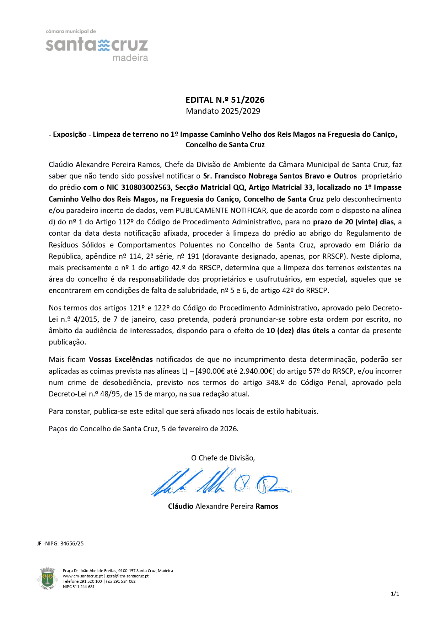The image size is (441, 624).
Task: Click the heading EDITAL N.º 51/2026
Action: pyautogui.click(x=225, y=100)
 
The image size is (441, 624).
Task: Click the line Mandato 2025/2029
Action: pyautogui.click(x=223, y=111)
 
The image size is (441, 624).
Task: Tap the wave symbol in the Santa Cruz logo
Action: pyautogui.click(x=104, y=45)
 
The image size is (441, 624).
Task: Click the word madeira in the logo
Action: pyautogui.click(x=130, y=58)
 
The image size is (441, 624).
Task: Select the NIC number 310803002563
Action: pyautogui.click(x=146, y=187)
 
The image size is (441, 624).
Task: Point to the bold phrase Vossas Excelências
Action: pyautogui.click(x=121, y=359)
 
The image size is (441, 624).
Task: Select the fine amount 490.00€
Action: pyautogui.click(x=211, y=371)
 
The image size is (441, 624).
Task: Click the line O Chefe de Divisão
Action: pyautogui.click(x=223, y=458)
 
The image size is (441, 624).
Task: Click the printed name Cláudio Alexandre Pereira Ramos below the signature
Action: pyautogui.click(x=223, y=506)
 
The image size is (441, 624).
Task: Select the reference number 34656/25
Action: pyautogui.click(x=72, y=544)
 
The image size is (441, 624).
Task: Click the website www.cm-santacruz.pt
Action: pyautogui.click(x=82, y=576)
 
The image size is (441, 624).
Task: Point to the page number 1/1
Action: pyautogui.click(x=395, y=593)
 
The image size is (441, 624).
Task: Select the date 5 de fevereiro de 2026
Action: pyautogui.click(x=200, y=429)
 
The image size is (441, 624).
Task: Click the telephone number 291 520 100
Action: pyautogui.click(x=91, y=581)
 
